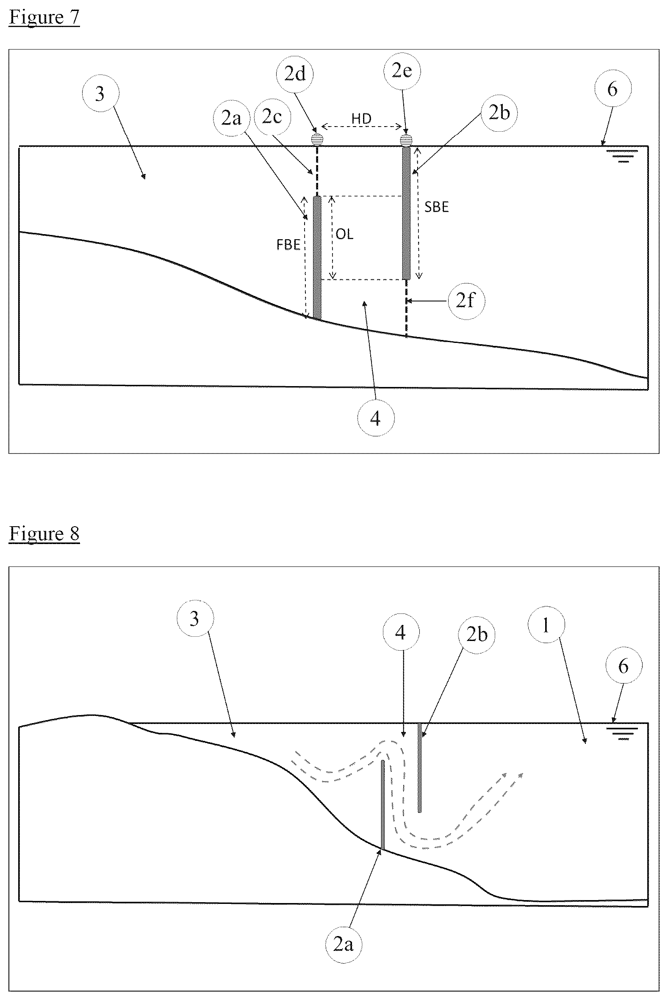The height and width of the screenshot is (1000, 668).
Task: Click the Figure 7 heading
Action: tap(44, 17)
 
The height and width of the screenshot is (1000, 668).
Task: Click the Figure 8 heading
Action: tap(44, 533)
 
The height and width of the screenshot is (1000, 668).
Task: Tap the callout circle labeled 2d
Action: tap(295, 74)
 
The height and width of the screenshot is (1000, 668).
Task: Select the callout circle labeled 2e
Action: tap(402, 70)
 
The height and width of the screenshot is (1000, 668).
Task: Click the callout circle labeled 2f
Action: tap(466, 301)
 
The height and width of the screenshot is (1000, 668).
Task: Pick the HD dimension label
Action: tap(361, 119)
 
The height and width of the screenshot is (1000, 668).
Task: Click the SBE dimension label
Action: tap(437, 207)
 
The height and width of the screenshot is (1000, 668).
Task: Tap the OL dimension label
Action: tap(345, 234)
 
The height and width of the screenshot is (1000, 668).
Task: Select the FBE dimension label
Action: tap(288, 245)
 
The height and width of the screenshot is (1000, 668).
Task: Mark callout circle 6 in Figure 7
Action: tap(612, 88)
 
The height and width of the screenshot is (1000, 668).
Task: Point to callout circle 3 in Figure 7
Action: tap(100, 93)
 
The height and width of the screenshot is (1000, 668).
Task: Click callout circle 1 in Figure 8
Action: tap(546, 625)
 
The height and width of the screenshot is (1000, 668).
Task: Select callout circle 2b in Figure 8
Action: tap(477, 634)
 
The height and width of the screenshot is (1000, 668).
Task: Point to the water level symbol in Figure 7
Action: tap(624, 156)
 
